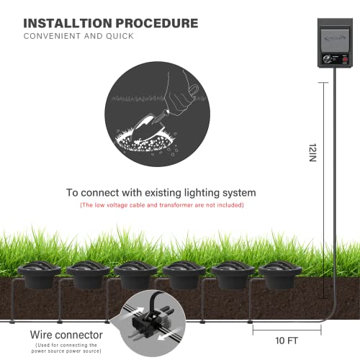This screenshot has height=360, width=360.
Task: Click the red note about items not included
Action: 162,205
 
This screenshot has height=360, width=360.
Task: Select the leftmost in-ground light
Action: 40,274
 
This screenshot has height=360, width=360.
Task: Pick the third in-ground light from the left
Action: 136,274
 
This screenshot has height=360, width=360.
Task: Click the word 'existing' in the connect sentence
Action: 160,193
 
